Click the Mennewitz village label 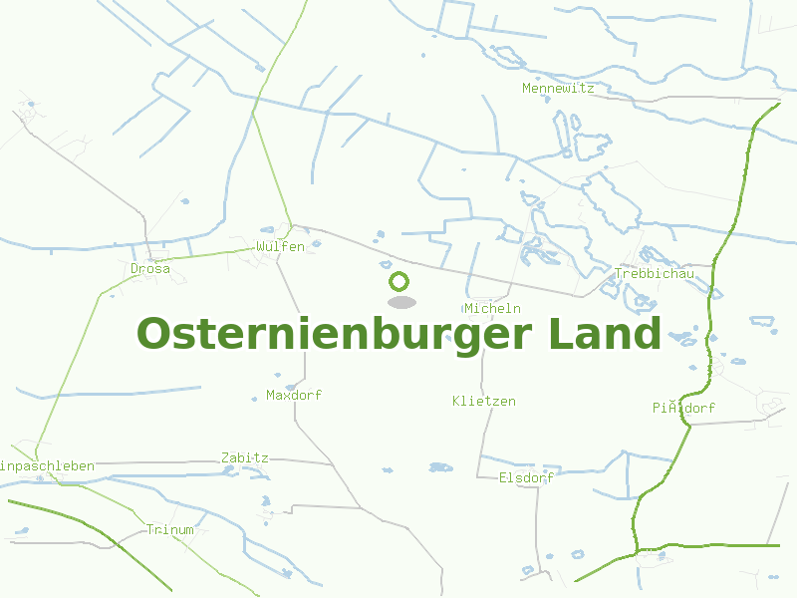coord(558,88)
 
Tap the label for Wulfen coord(280,246)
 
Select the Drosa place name coord(150,268)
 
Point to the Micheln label coord(492,308)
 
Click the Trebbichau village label coord(655,274)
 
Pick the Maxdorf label coord(294,395)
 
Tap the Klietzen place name coord(484,401)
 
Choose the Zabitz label coord(245,457)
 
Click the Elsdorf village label coord(526,477)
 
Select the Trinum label coord(169,529)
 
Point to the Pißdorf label coord(683,408)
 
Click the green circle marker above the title coord(399,281)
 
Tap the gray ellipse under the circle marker coord(401,302)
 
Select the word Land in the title coord(605,334)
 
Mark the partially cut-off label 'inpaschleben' coord(48,465)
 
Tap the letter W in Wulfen coord(260,246)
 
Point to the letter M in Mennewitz coord(527,88)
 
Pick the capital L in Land coord(559,334)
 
